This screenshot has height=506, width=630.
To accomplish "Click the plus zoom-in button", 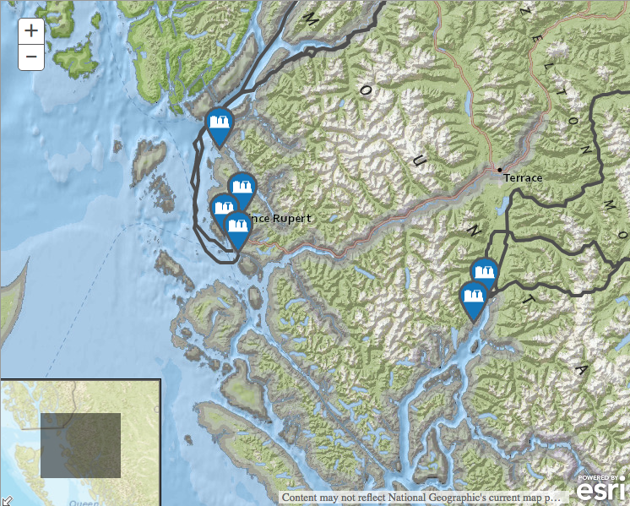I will [x=31, y=31].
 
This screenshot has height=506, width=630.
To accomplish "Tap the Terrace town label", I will [x=523, y=178].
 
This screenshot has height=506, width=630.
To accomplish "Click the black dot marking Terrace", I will [x=500, y=171].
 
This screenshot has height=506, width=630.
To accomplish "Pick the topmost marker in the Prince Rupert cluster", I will [x=242, y=188].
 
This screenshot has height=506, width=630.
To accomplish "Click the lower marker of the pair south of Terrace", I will [x=473, y=298].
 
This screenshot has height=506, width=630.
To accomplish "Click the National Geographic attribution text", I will [x=421, y=498].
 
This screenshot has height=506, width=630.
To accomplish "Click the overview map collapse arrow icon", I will [x=6, y=500].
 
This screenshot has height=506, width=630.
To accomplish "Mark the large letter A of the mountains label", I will [x=580, y=371].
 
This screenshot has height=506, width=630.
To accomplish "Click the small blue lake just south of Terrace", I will [x=506, y=204].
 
